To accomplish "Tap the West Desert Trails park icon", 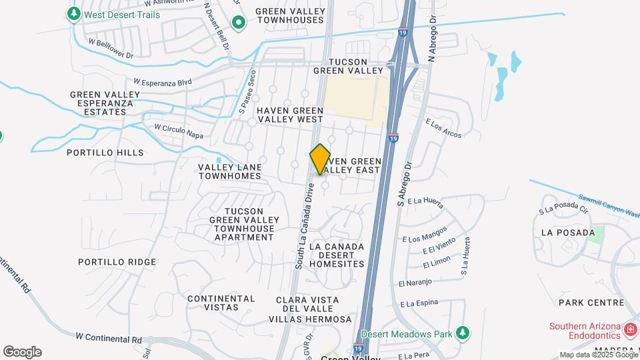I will pyautogui.click(x=74, y=14).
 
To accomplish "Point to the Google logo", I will pyautogui.click(x=22, y=352).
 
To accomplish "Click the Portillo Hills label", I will pyautogui.click(x=105, y=153).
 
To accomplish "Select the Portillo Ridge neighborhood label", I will pyautogui.click(x=117, y=262).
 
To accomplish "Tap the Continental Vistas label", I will pyautogui.click(x=221, y=303).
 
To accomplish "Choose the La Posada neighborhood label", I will pyautogui.click(x=568, y=233).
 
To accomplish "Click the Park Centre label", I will pyautogui.click(x=591, y=303).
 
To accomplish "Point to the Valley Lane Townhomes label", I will pyautogui.click(x=230, y=171).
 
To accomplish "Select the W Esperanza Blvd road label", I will pyautogui.click(x=162, y=82).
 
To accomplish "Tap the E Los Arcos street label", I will pyautogui.click(x=444, y=129).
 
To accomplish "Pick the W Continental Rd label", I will pyautogui.click(x=109, y=339).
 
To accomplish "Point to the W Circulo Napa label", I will pyautogui.click(x=178, y=130).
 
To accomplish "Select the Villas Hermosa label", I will pyautogui.click(x=311, y=319).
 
